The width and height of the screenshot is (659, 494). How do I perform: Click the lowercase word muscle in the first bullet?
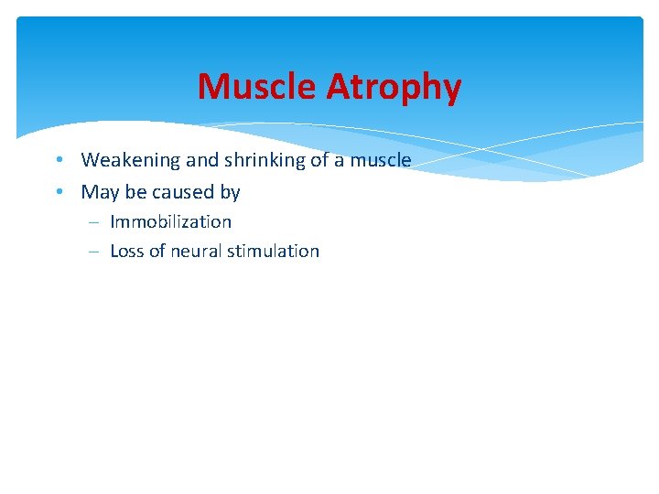click(381, 160)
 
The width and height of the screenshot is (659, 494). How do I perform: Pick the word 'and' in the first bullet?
click(203, 160)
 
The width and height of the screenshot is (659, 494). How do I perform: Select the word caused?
click(183, 192)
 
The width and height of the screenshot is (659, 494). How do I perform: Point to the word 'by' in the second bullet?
click(230, 192)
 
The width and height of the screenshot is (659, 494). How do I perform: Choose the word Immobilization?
click(170, 221)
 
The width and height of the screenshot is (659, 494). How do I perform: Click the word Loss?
click(126, 251)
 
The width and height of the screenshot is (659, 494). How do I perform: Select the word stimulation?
click(275, 251)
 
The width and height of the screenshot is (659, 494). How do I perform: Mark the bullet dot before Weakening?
click(58, 160)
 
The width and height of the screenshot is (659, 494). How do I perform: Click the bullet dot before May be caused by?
click(58, 192)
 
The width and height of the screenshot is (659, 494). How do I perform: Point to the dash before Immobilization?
click(96, 222)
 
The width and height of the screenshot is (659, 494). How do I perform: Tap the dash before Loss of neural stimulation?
click(96, 252)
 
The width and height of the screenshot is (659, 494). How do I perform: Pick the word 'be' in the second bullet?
click(132, 192)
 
